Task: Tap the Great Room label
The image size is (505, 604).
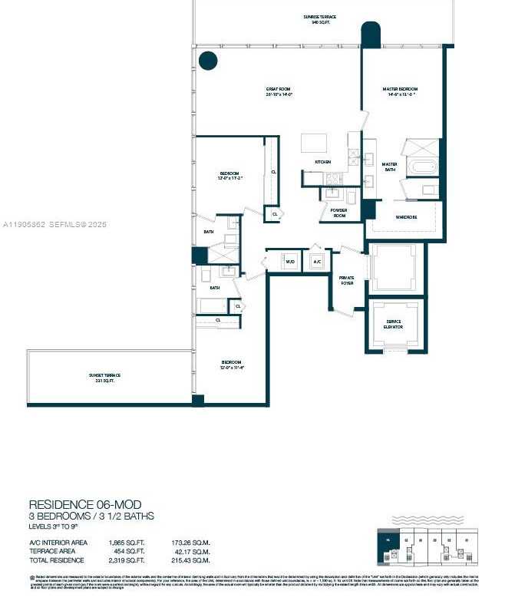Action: (x=279, y=91)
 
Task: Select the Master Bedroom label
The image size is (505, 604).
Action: (x=399, y=91)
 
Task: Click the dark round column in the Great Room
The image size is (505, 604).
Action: (x=208, y=60)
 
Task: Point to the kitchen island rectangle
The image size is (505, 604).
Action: (x=313, y=143)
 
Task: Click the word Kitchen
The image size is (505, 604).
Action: (x=322, y=162)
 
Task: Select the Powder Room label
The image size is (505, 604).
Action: (x=338, y=212)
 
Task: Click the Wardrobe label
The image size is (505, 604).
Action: (x=406, y=217)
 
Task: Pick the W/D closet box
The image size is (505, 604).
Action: (x=290, y=262)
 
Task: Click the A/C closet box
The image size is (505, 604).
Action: (x=316, y=262)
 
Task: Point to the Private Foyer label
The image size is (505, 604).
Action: (x=347, y=281)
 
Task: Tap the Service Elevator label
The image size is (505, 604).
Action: (x=393, y=325)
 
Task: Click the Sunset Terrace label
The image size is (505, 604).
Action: (x=104, y=377)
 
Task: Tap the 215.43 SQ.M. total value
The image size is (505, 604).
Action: (x=191, y=559)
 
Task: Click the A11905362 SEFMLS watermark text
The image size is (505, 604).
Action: (x=55, y=225)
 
